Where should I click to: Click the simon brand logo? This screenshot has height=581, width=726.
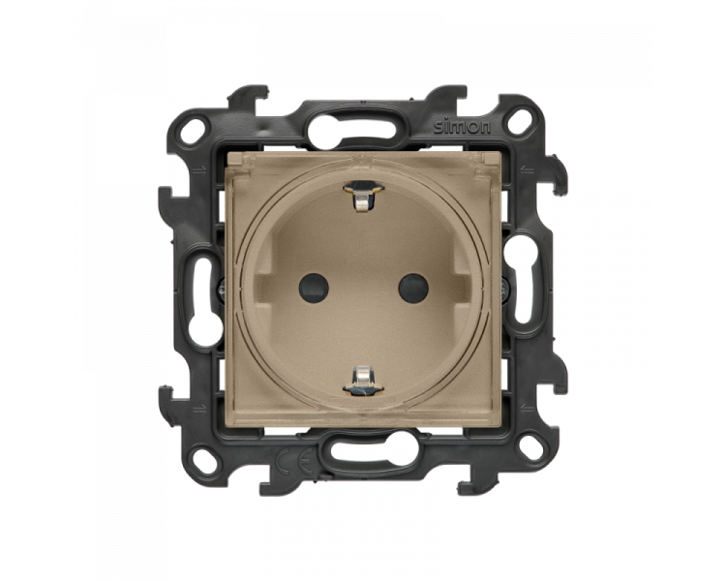pos(462,127)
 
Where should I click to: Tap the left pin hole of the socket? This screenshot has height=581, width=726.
pos(314,288)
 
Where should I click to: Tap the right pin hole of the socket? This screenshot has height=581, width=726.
pos(413,288)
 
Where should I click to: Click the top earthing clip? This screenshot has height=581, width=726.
pos(363,195)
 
